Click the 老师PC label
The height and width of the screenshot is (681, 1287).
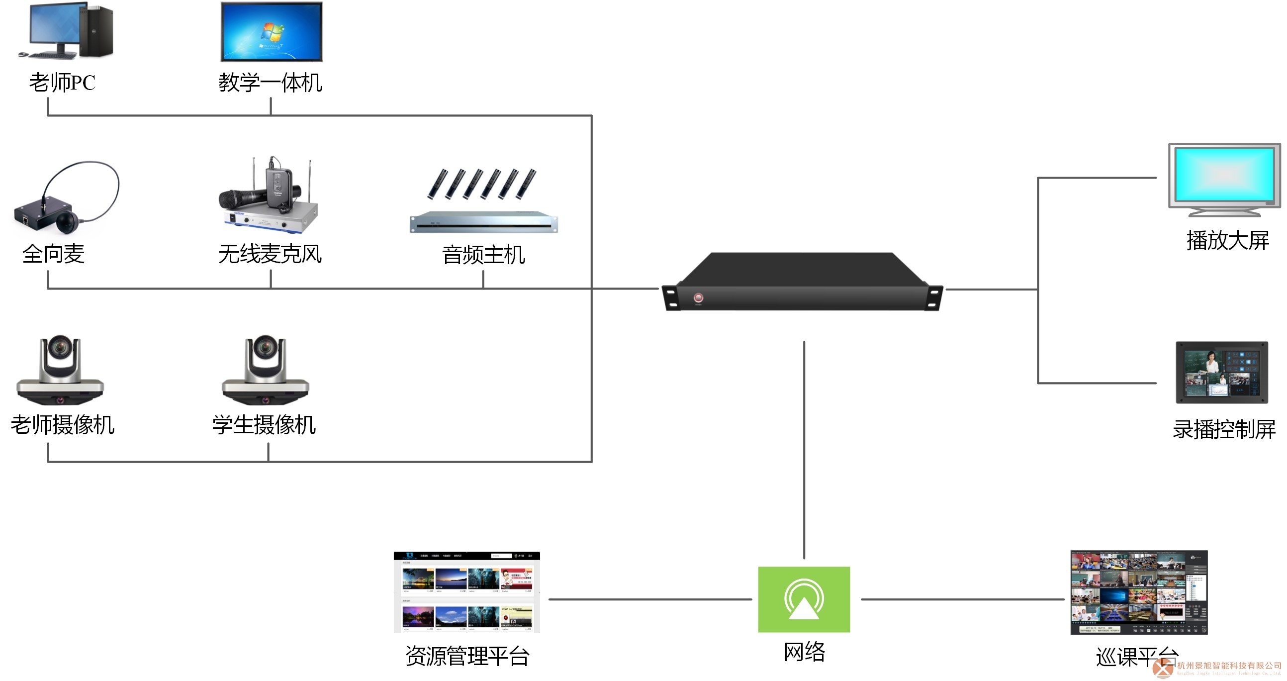[x=63, y=83]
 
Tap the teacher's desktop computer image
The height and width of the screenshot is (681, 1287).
[x=66, y=31]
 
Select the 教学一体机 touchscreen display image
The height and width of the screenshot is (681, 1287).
[x=272, y=31]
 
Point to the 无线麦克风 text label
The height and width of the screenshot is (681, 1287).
[x=270, y=254]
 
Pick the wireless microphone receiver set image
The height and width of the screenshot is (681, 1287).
[x=269, y=200]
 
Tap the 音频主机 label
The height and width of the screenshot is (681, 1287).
[x=483, y=255]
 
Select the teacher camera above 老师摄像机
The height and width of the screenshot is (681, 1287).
[x=60, y=370]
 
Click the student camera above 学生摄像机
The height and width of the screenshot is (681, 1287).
[x=265, y=370]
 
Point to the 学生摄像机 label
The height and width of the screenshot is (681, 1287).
[x=264, y=425]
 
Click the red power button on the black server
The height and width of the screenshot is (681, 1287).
[x=698, y=298]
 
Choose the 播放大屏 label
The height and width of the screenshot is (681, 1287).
[x=1227, y=240]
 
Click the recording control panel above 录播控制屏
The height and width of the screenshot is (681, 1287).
[x=1221, y=372]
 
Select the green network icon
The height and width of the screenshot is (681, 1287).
[x=804, y=599]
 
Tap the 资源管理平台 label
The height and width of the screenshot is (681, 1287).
[x=467, y=656]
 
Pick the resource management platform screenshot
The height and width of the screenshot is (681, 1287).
[x=466, y=592]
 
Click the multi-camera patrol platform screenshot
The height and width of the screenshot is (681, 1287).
[x=1139, y=592]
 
